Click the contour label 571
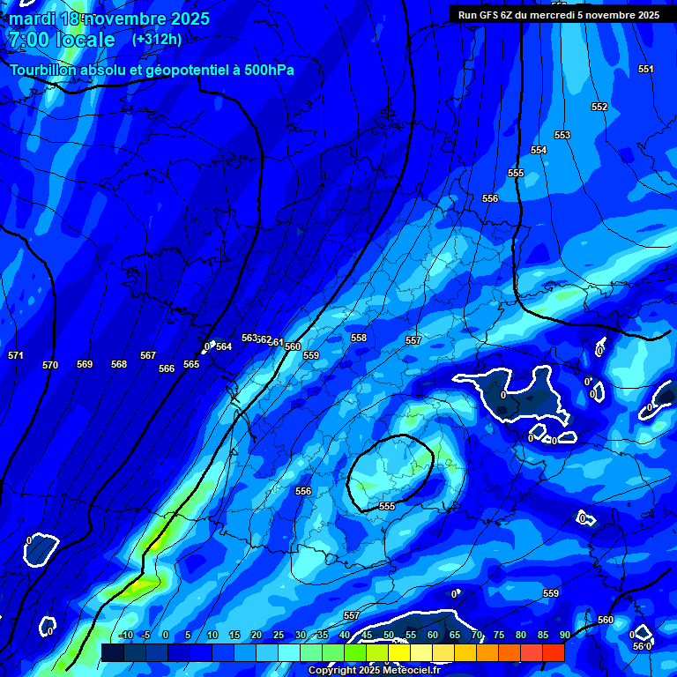pyautogui.click(x=15, y=355)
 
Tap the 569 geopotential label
pyautogui.click(x=85, y=364)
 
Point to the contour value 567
pyautogui.click(x=148, y=355)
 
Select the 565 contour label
pyautogui.click(x=191, y=364)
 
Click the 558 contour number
pyautogui.click(x=359, y=338)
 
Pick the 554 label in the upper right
pyautogui.click(x=539, y=150)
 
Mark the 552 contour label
pyautogui.click(x=599, y=107)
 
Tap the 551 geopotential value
pyautogui.click(x=646, y=69)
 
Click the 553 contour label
pyautogui.click(x=562, y=135)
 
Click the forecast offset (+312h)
pyautogui.click(x=157, y=40)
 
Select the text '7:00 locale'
pyautogui.click(x=62, y=40)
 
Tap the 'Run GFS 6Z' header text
pyautogui.click(x=487, y=15)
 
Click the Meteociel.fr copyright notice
pyautogui.click(x=374, y=670)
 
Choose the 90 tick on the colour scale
pyautogui.click(x=564, y=635)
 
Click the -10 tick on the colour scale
pyautogui.click(x=125, y=635)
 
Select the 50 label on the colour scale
pyautogui.click(x=389, y=635)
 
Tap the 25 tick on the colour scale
pyautogui.click(x=279, y=635)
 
